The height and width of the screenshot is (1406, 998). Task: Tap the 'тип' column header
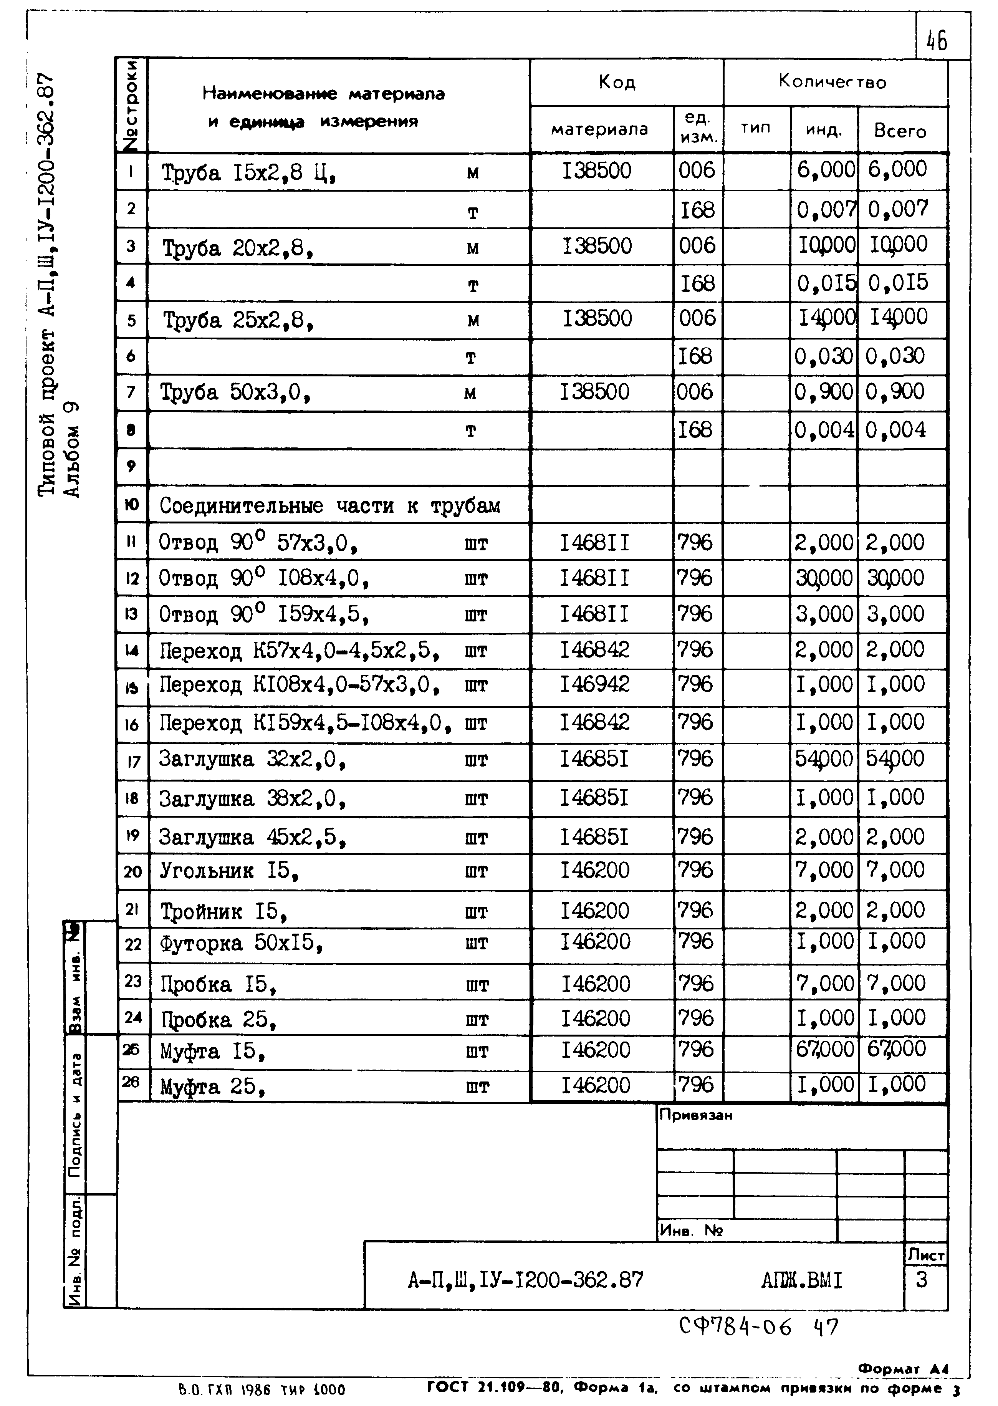[755, 128]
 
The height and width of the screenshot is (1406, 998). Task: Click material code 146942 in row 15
[594, 684]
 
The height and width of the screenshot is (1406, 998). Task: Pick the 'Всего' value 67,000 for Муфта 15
[896, 1048]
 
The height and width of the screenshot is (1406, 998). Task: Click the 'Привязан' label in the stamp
[696, 1115]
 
